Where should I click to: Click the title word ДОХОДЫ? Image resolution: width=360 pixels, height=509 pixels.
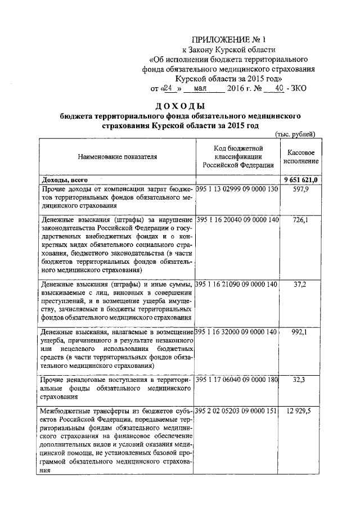pos(180,106)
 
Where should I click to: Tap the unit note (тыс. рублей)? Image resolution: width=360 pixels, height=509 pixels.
pos(299,134)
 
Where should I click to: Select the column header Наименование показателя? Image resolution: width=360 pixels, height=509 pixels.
pos(118,156)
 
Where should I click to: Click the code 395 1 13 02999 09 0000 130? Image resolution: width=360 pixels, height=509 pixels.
pos(238,189)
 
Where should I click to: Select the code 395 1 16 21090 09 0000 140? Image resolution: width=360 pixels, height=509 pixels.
pos(238,285)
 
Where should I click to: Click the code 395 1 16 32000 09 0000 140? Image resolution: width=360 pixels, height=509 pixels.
pos(238,332)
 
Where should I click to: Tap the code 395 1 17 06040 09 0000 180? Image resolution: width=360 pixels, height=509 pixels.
pos(238,380)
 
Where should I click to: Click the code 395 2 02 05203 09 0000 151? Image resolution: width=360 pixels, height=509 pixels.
pos(238,411)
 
